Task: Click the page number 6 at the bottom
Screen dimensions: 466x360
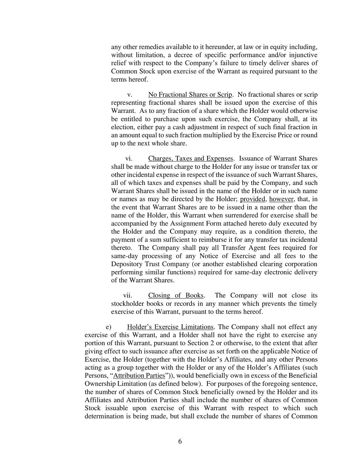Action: (x=180, y=441)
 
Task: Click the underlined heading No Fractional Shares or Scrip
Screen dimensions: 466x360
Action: (x=190, y=95)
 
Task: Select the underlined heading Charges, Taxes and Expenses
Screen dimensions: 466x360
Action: (x=191, y=159)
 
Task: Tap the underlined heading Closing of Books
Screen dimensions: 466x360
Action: (x=176, y=296)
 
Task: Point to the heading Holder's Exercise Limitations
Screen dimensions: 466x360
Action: (x=170, y=327)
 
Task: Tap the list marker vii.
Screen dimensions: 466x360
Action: (x=128, y=296)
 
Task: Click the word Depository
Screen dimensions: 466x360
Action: (x=127, y=264)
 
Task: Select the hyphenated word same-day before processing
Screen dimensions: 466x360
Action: (x=124, y=256)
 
